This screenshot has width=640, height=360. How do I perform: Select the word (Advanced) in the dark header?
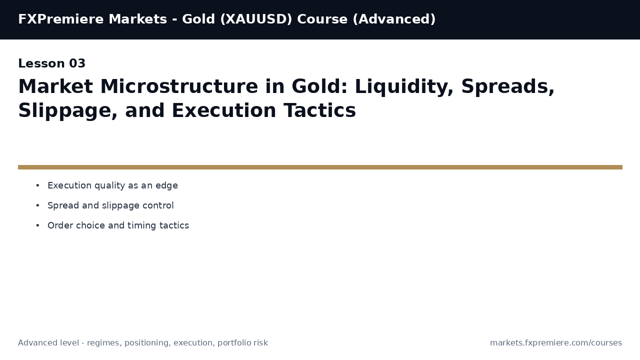coord(394,19)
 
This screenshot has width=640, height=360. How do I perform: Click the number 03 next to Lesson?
coord(77,64)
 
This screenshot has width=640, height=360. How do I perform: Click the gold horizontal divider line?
coord(320,167)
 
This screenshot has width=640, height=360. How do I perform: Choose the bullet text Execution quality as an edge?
coord(112,186)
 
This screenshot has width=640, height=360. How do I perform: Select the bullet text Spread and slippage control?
coord(110,206)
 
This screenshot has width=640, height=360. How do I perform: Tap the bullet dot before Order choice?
coord(37,226)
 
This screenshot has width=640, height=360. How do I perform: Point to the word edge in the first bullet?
coord(166,186)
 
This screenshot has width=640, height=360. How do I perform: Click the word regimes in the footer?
coord(103,343)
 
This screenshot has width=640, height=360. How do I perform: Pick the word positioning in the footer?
coord(146,343)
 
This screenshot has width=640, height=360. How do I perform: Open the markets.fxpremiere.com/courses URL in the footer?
coord(555,343)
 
